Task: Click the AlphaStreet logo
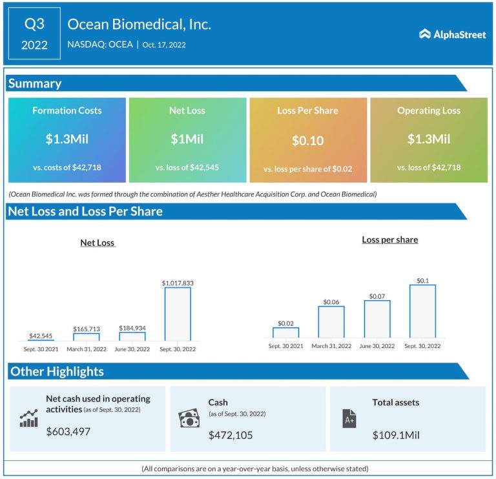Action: coord(452,34)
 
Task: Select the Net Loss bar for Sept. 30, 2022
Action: coord(178,314)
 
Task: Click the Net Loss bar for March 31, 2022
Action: coord(87,336)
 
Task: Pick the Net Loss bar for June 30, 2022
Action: coord(132,336)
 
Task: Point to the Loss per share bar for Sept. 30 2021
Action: coord(285,332)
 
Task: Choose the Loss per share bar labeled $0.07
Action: coord(377,319)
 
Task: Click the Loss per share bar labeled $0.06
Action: coord(331,321)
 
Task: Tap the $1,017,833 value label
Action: coord(178,283)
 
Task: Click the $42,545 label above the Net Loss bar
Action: coord(41,336)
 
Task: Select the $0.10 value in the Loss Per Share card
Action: coord(307,141)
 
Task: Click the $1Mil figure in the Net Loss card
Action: coord(187,139)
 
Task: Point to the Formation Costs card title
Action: coord(67,110)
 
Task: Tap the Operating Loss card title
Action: coord(429,110)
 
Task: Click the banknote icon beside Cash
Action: coord(189,418)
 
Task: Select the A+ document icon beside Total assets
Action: coord(349,418)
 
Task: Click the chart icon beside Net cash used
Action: coord(28,418)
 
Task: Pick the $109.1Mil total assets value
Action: coord(396,435)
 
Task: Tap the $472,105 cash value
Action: coord(231,435)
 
